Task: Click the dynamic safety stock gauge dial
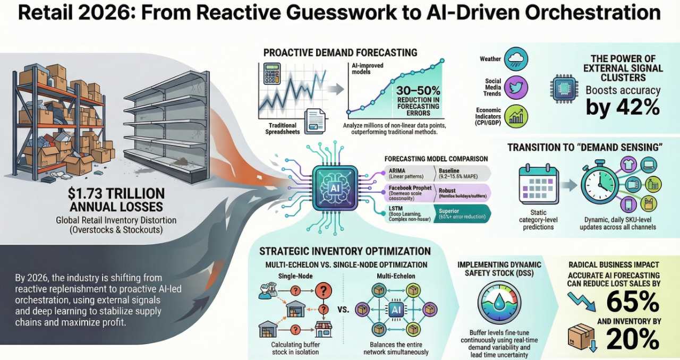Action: click(499, 301)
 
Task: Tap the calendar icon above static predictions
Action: click(537, 185)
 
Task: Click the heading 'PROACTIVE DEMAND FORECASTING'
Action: click(340, 53)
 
